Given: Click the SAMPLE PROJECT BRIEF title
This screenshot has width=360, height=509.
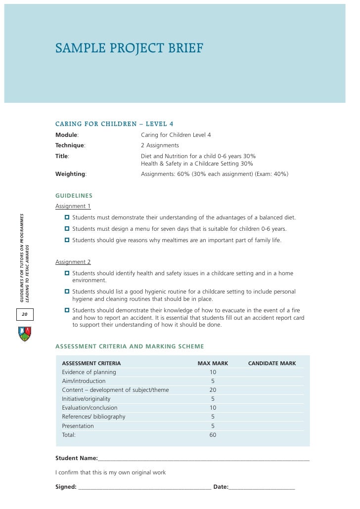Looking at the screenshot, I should tap(129, 48).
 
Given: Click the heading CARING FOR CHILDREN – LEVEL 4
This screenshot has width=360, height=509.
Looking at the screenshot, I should tap(114, 124).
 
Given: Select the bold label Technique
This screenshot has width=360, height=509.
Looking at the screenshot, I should tap(70, 145).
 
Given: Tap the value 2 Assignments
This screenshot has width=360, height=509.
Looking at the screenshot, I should tap(160, 145).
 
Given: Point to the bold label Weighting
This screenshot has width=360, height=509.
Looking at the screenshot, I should tap(71, 174).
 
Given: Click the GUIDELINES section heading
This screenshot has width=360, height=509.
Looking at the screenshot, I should tap(74, 196).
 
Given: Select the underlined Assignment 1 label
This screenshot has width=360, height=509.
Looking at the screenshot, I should tap(73, 206).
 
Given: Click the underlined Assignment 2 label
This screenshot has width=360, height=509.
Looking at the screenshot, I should tap(73, 262).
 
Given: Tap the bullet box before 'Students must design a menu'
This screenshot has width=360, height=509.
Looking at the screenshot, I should tap(67, 229).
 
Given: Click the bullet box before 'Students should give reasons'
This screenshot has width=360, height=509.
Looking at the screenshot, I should tap(67, 240).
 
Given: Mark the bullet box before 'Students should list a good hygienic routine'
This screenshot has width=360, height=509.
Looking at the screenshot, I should tap(67, 292).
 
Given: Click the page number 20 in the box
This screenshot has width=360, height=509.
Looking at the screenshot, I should tap(24, 314).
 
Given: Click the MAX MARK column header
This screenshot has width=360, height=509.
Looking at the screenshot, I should tap(213, 363).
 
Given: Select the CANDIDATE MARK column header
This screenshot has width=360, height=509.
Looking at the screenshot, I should tap(272, 363).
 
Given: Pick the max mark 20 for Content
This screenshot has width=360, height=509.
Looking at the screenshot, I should tap(213, 390).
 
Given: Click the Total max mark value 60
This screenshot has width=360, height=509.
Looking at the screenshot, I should tap(213, 435).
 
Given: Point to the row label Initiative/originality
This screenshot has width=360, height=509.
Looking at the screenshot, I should tap(86, 399).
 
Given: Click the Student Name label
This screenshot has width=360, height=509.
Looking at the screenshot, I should tap(76, 458).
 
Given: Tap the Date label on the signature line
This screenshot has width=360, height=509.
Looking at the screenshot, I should tap(221, 487).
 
